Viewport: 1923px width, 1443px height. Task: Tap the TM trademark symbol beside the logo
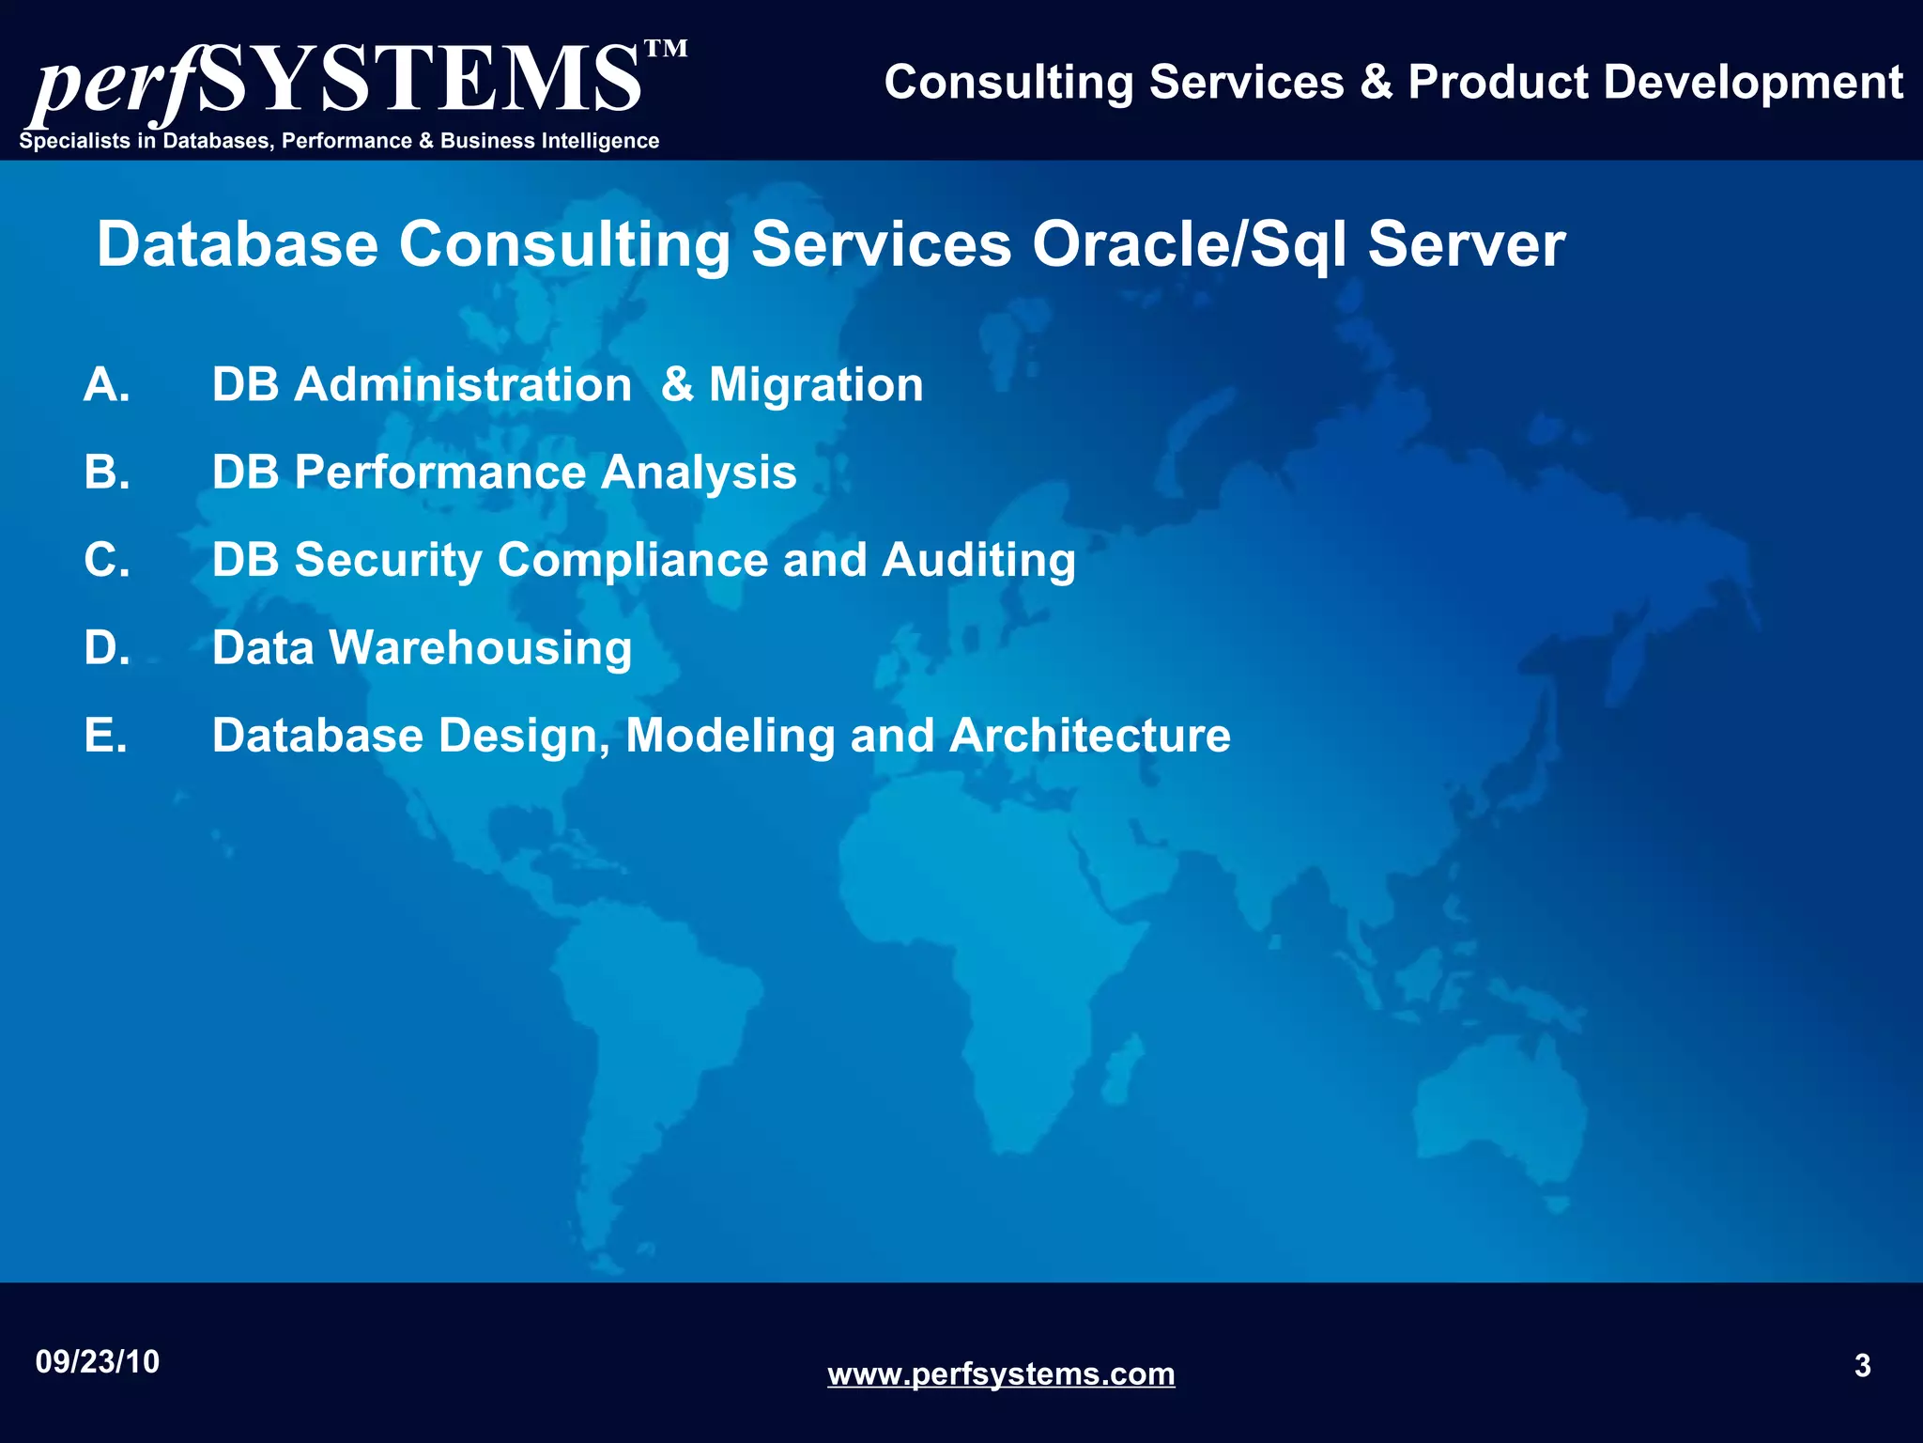[667, 49]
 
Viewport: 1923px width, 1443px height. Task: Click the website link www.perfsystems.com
[1001, 1374]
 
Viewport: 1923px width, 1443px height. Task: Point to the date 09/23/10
[98, 1362]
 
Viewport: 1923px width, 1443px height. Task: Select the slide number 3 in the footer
[1863, 1365]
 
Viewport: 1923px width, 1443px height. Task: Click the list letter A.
[106, 385]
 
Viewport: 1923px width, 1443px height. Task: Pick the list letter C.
[106, 560]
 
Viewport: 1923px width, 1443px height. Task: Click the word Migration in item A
[816, 385]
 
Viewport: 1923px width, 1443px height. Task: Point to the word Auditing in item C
[978, 561]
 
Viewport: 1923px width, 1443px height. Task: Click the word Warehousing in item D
[480, 648]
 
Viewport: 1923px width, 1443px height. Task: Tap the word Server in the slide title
[1466, 244]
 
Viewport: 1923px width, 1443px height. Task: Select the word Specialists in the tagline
[75, 141]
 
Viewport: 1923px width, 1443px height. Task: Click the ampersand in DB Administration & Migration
[677, 385]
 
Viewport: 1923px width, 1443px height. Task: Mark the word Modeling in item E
[730, 736]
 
